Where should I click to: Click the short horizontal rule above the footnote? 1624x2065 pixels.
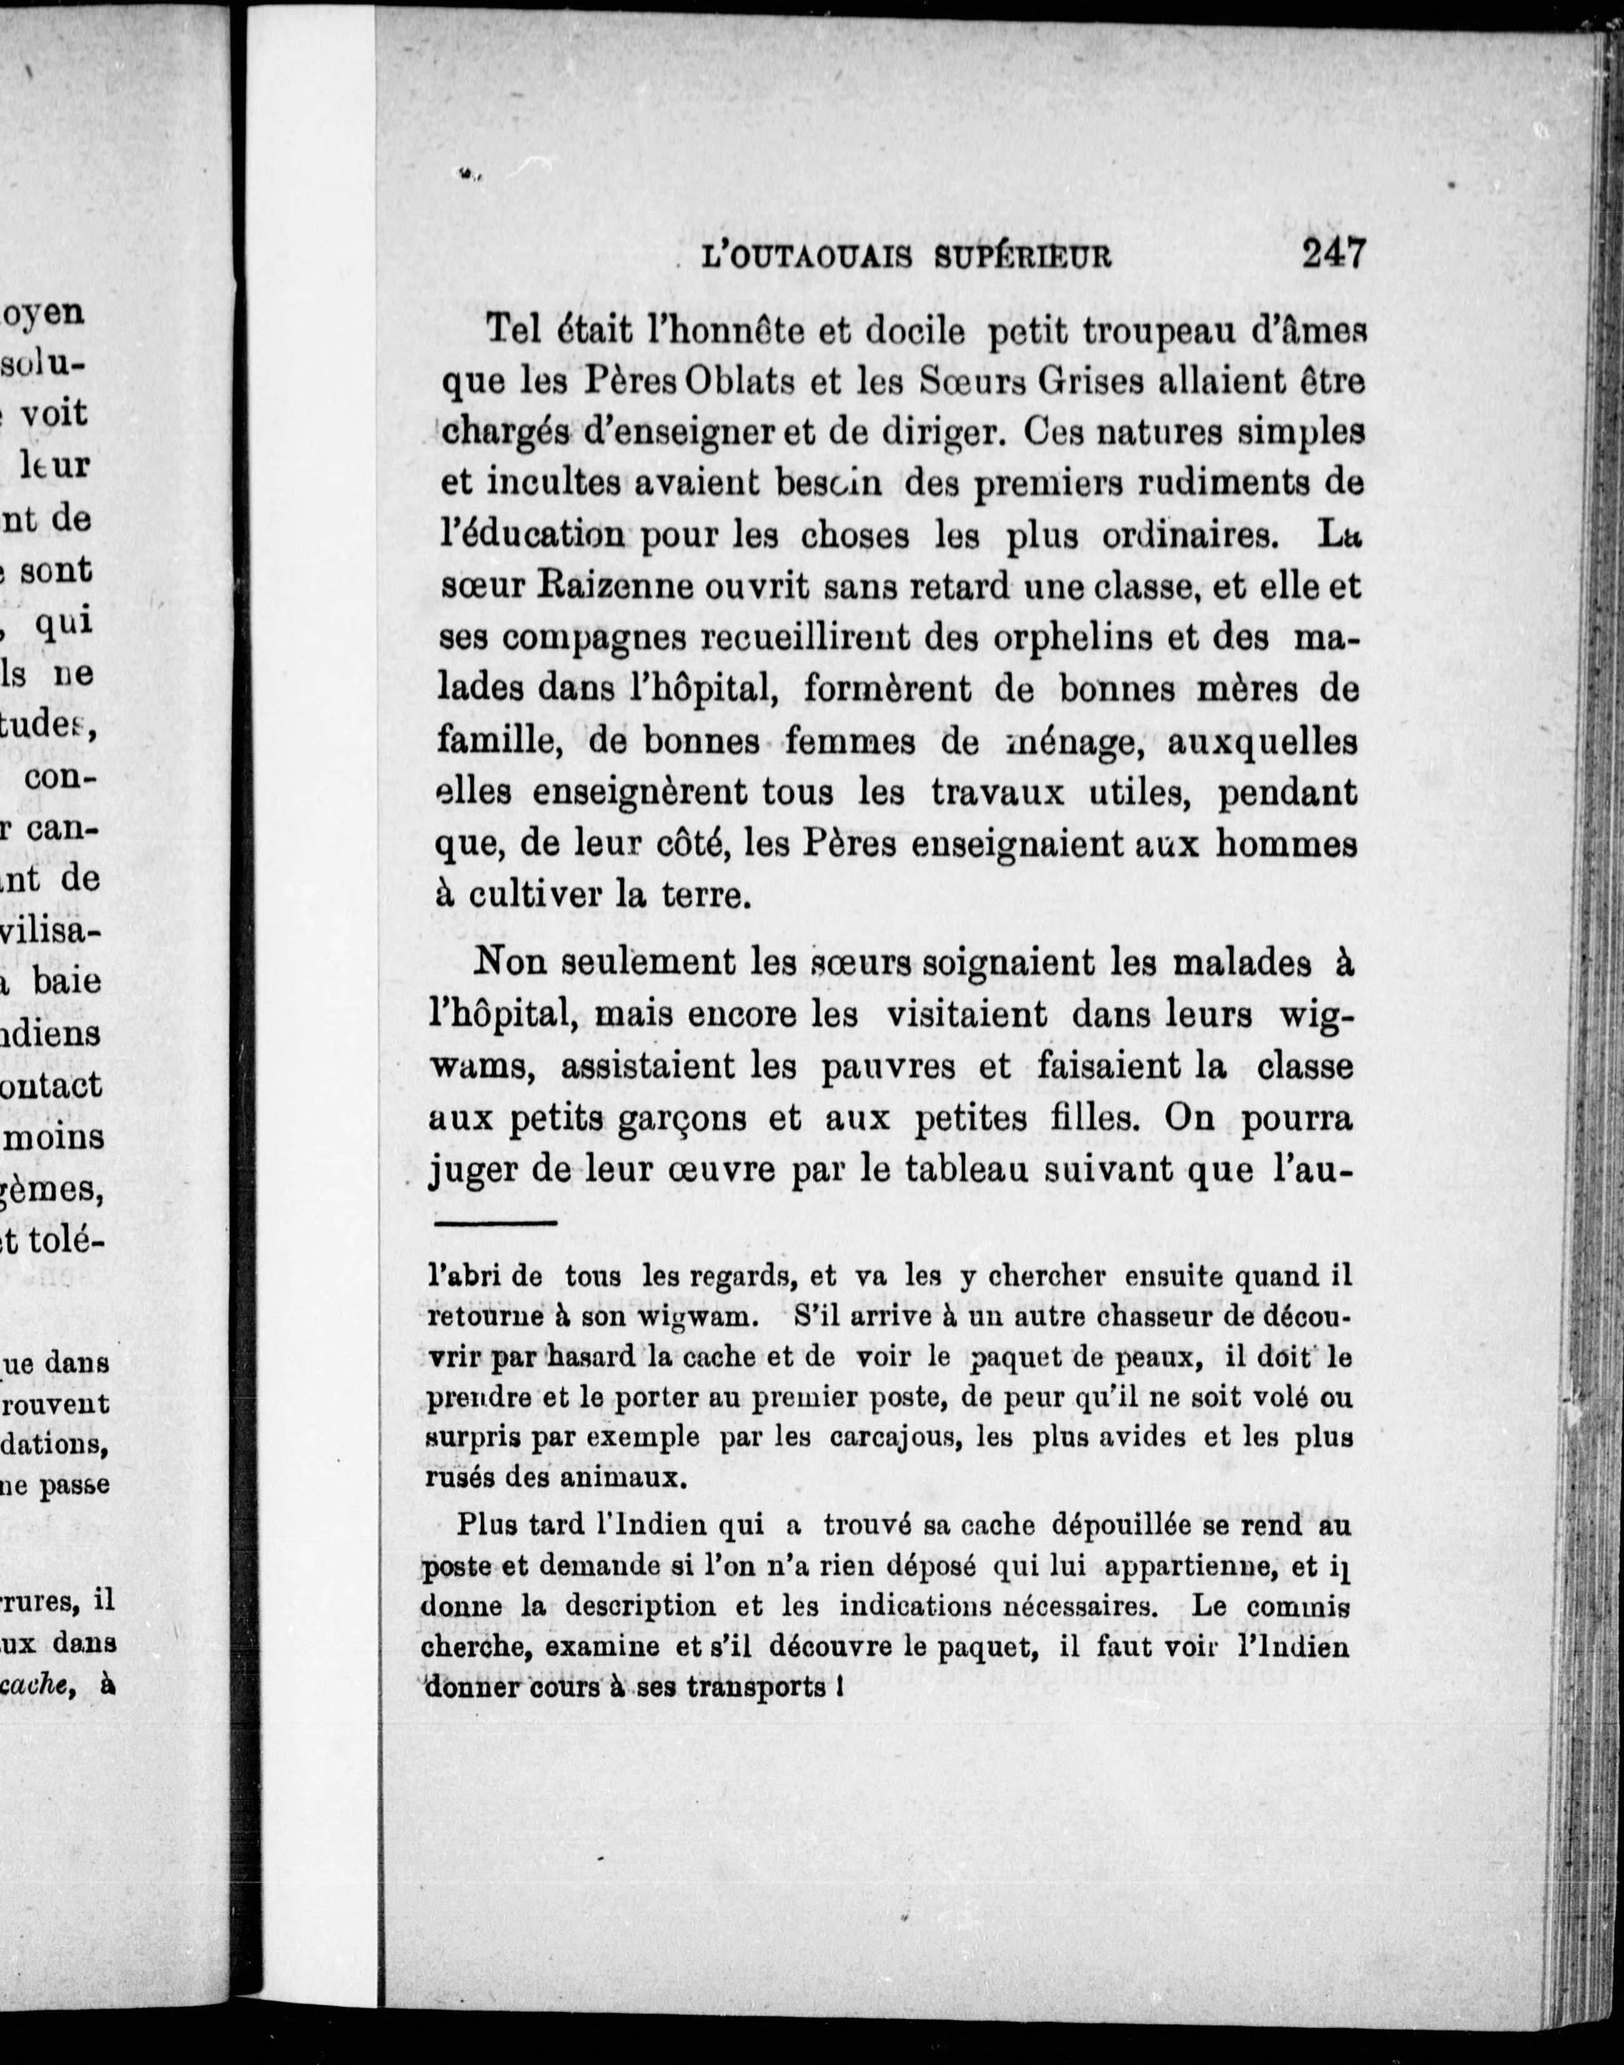click(497, 1223)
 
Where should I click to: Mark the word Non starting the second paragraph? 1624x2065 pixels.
click(510, 962)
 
